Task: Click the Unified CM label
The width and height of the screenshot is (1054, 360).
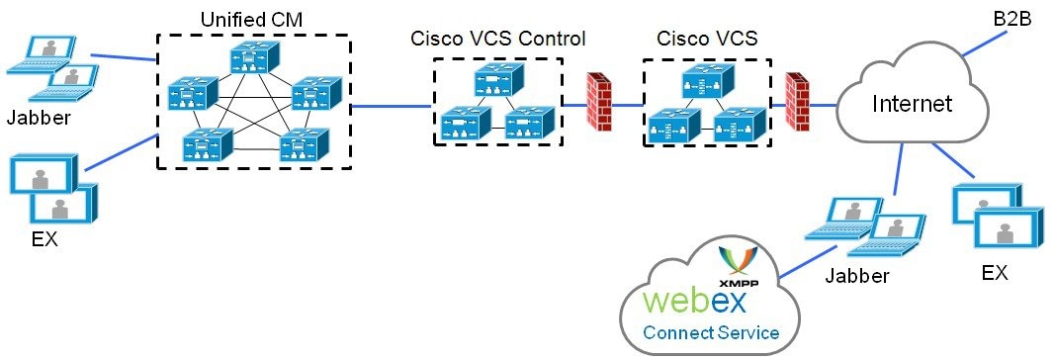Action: point(252,19)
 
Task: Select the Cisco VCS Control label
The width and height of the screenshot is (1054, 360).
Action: point(497,40)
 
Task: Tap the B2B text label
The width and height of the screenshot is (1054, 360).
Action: point(1011,19)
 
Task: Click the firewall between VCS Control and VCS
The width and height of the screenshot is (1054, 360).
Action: point(599,101)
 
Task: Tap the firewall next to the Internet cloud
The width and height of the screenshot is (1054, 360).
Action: point(797,101)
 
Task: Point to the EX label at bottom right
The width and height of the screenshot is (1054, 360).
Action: point(994,272)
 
